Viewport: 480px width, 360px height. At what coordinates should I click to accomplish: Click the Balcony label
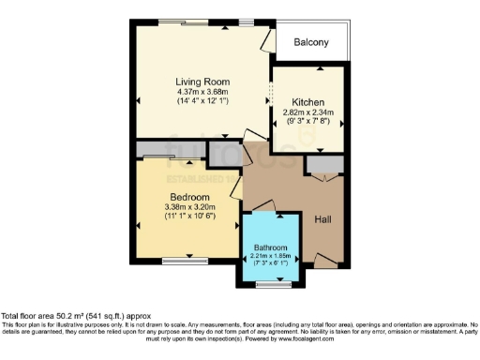coord(310,42)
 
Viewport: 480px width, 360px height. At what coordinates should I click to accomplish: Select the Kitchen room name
coord(307,102)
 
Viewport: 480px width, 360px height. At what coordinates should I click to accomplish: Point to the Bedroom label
coord(189,196)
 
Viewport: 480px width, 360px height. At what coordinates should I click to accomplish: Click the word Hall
coord(322,218)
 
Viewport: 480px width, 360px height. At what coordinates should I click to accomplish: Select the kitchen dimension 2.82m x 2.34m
coord(307,112)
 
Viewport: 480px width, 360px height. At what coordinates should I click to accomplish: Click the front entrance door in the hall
coord(324,259)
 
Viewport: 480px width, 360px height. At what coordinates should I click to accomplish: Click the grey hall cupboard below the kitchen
coord(324,165)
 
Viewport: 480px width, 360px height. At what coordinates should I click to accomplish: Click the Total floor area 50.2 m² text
coord(75,317)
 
